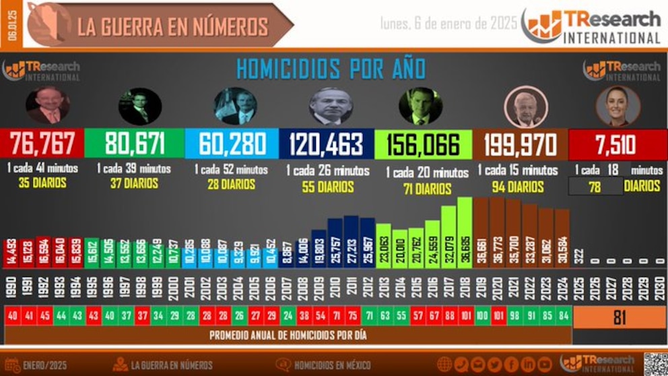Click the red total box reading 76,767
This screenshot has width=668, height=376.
point(45,144)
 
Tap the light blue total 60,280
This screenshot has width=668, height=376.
point(231,144)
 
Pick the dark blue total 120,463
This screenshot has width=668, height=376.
point(326,144)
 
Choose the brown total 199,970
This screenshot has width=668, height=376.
point(520,144)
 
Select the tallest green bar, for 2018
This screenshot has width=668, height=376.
point(465,232)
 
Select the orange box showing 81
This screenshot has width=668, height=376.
point(619,317)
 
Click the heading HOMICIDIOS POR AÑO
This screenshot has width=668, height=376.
point(330,68)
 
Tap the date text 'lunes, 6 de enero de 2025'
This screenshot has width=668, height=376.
point(448,24)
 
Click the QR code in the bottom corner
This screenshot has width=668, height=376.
point(655,364)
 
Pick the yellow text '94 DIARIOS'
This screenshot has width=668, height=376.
point(518,187)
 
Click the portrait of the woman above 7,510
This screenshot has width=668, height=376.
point(617,106)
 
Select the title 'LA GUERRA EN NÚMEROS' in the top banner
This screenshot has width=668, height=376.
point(172,26)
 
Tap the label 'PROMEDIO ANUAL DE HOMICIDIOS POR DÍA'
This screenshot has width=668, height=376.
point(288,334)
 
